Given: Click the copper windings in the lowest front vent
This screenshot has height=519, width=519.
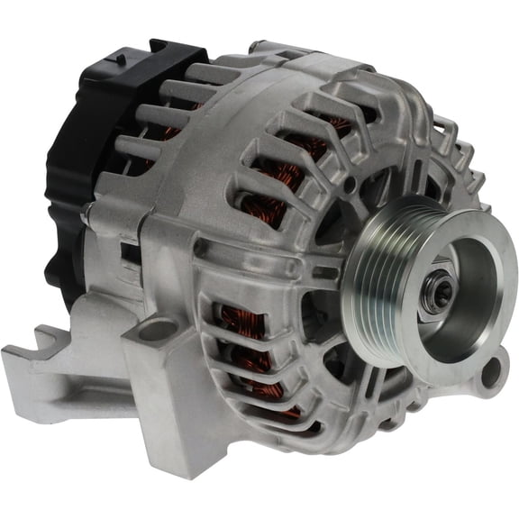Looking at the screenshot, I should point(270,396).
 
